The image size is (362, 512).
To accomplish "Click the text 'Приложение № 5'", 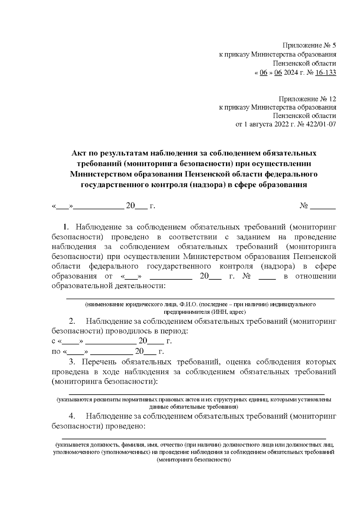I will tap(309, 46).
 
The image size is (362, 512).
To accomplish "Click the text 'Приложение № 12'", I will tap(307, 99).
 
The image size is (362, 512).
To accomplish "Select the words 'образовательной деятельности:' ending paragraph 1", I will tap(109, 285).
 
